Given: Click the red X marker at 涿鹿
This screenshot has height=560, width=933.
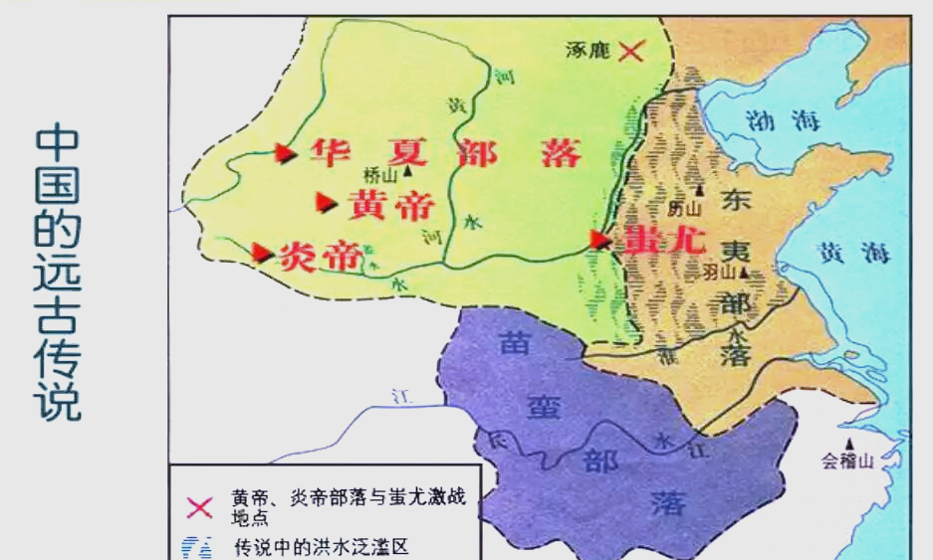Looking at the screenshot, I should pyautogui.click(x=630, y=50).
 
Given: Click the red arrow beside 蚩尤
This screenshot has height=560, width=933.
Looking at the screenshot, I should pyautogui.click(x=599, y=239).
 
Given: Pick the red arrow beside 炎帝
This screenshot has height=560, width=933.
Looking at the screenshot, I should pyautogui.click(x=262, y=253).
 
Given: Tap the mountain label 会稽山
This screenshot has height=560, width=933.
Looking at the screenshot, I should pyautogui.click(x=846, y=461).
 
